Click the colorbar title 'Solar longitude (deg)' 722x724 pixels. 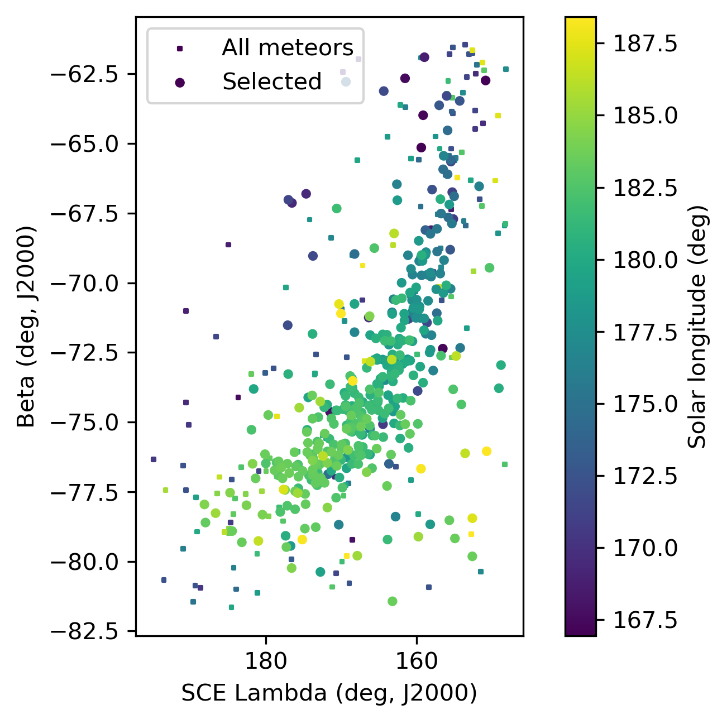[x=697, y=327]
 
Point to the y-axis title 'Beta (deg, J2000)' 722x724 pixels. [x=26, y=327]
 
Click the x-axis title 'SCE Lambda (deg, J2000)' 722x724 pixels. [x=329, y=693]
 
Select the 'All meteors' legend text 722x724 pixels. [x=288, y=48]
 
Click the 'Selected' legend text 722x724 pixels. [x=272, y=82]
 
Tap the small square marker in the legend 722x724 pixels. [x=180, y=49]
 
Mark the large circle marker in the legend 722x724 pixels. [x=180, y=83]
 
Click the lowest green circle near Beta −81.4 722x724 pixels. [x=392, y=601]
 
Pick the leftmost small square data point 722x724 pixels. [x=154, y=459]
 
